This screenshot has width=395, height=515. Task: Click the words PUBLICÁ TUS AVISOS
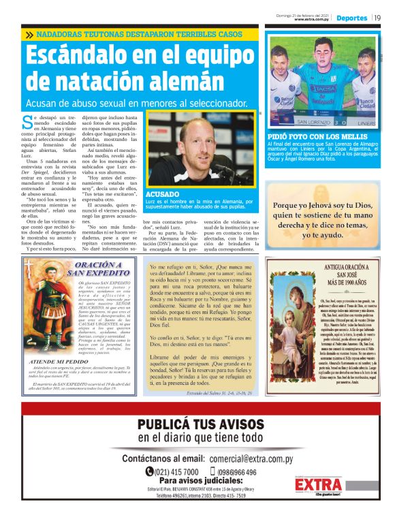point(200,424)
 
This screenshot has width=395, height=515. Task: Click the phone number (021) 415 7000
point(173,471)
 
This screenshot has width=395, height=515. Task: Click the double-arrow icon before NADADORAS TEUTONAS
point(29,35)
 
